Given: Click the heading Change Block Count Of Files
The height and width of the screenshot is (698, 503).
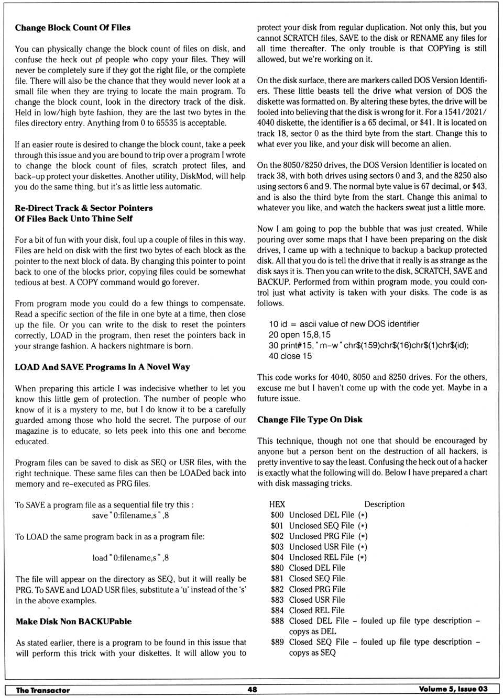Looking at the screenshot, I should click(73, 28).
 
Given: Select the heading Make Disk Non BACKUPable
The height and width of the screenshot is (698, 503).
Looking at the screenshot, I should click(73, 622).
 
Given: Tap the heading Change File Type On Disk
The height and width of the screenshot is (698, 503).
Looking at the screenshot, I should click(310, 420).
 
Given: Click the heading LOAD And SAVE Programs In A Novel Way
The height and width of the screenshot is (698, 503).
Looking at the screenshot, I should click(102, 367).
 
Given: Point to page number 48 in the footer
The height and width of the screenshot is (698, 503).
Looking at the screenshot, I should click(252, 690).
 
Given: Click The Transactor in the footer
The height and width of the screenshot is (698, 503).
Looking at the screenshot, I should click(43, 690).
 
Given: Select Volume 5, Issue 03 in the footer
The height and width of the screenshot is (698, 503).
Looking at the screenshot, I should click(453, 689).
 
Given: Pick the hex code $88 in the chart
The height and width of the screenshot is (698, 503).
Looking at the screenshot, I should click(277, 621).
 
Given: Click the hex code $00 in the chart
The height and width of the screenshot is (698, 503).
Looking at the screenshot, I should click(277, 515).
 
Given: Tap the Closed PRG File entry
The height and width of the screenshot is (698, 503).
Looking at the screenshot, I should click(317, 589).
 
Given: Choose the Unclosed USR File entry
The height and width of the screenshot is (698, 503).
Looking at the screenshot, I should click(322, 547).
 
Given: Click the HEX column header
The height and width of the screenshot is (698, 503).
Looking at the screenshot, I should click(277, 504).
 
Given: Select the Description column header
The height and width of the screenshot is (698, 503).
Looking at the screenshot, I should click(385, 504).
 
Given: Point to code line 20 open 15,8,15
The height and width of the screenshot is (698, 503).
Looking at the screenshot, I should click(300, 335).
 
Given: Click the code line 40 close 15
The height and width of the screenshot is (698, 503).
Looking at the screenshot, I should click(290, 356).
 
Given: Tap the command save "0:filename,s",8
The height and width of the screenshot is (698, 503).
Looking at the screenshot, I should click(130, 515).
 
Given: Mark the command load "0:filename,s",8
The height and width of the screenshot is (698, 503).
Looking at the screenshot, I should click(130, 558).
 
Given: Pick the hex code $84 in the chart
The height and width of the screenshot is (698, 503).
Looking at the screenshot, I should click(277, 611).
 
